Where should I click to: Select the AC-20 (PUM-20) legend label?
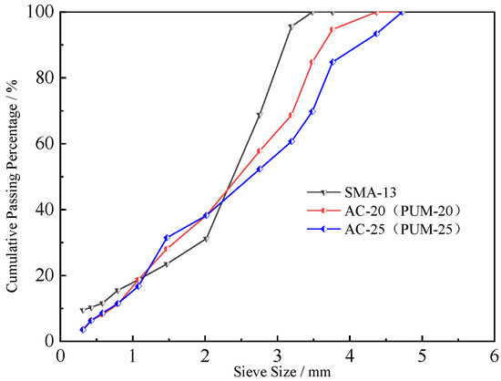(400, 211)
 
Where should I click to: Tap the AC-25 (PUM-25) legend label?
(400, 229)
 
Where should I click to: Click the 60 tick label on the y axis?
(43, 143)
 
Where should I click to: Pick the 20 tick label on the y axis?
(43, 275)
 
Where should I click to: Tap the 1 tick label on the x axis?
(133, 355)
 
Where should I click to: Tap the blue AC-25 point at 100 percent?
(402, 12)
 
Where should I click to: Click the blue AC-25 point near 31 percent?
(167, 237)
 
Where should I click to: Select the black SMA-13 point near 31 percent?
(206, 239)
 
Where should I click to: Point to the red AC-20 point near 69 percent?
(291, 115)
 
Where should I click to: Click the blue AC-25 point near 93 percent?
(376, 34)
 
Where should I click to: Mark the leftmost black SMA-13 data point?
(82, 310)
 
